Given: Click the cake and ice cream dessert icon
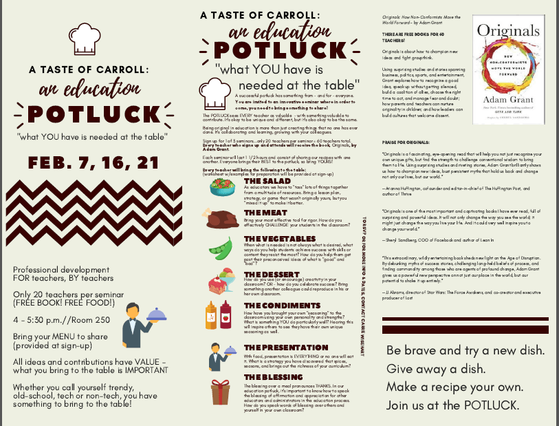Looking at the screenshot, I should pyautogui.click(x=223, y=284).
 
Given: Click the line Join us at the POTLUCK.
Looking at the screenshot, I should pyautogui.click(x=453, y=405).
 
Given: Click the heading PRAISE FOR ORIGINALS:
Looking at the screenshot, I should pyautogui.click(x=407, y=161).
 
